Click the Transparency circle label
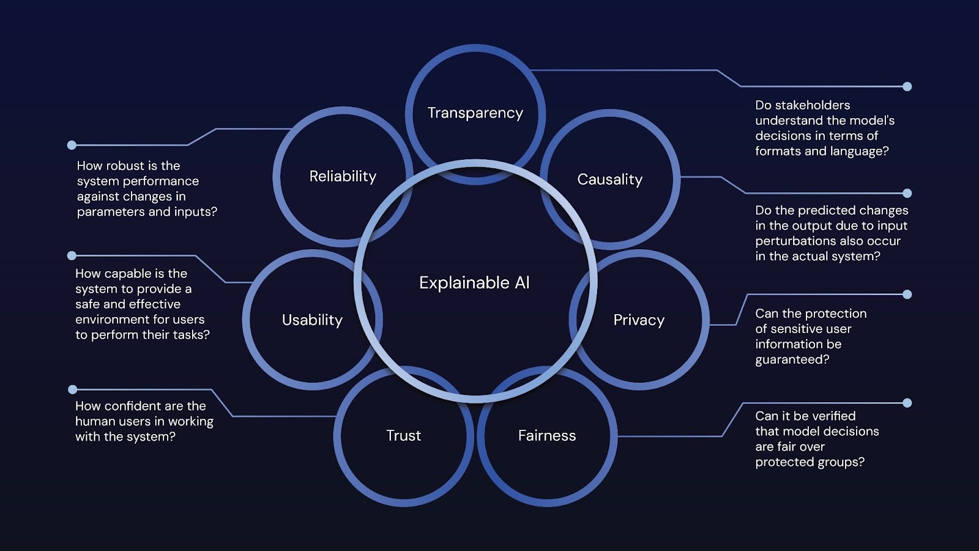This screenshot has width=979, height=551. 475,113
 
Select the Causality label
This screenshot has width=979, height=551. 609,179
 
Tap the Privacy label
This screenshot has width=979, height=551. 638,320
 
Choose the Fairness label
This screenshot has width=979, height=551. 546,436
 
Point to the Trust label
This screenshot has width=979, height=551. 403,436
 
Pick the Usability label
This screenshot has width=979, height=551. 312,320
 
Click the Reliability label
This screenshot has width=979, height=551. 343,176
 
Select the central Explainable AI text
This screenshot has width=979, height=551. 474,283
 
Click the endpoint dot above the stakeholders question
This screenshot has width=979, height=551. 907,86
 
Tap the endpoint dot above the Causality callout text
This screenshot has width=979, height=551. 907,193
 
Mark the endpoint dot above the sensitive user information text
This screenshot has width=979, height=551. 907,294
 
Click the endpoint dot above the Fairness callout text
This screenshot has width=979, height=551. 907,403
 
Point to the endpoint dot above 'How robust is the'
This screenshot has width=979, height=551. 72,145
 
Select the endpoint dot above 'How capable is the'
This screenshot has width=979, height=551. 72,255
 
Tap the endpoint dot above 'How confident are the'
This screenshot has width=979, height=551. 72,389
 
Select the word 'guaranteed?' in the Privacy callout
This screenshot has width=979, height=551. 792,360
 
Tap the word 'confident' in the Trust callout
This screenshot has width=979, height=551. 133,407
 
